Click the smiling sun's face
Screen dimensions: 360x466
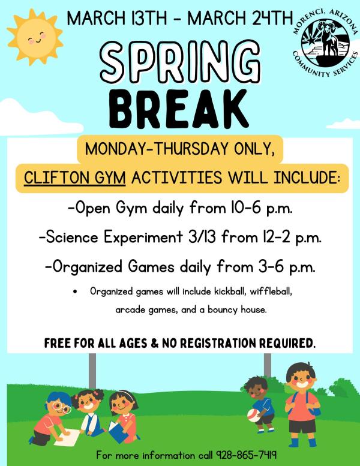click(35, 37)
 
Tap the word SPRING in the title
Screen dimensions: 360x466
click(180, 62)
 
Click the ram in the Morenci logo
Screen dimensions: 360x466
click(327, 40)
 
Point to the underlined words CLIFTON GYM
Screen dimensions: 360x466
click(74, 178)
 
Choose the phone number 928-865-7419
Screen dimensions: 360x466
click(247, 455)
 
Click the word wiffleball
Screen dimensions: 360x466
click(271, 291)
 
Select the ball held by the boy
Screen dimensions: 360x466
click(254, 416)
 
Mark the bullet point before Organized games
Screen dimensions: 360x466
click(74, 292)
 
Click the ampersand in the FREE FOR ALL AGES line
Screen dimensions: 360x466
click(155, 344)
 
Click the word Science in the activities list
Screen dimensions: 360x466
click(72, 237)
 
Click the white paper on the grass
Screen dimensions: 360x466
click(67, 437)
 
